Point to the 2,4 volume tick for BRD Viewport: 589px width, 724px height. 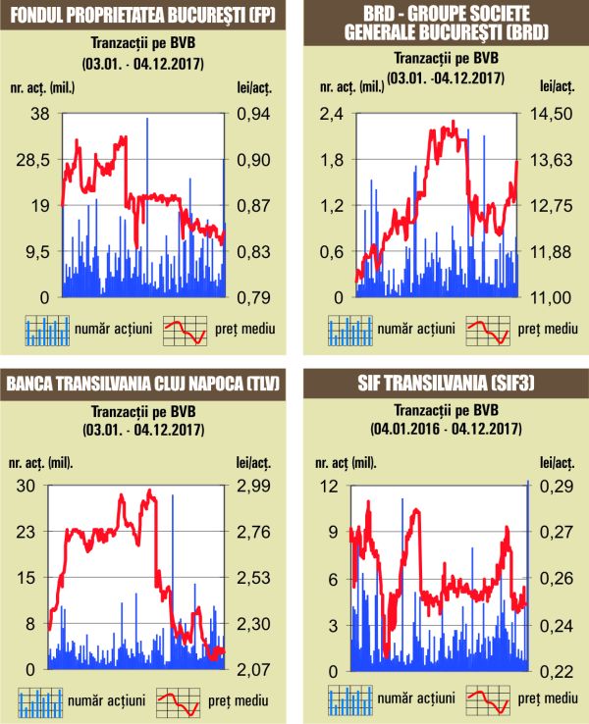click(x=330, y=114)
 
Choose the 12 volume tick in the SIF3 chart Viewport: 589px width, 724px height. click(x=333, y=486)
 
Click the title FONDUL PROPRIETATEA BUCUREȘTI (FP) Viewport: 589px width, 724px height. click(x=145, y=17)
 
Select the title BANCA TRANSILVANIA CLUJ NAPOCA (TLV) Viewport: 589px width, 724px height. click(x=145, y=383)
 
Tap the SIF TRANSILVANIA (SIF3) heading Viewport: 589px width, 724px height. click(x=444, y=383)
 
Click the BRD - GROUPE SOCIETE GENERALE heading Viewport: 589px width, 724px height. click(x=444, y=26)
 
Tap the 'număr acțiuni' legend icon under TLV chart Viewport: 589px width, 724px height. click(x=41, y=700)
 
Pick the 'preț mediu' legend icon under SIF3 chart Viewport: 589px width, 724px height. click(x=488, y=700)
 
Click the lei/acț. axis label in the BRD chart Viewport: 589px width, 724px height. click(x=555, y=90)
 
